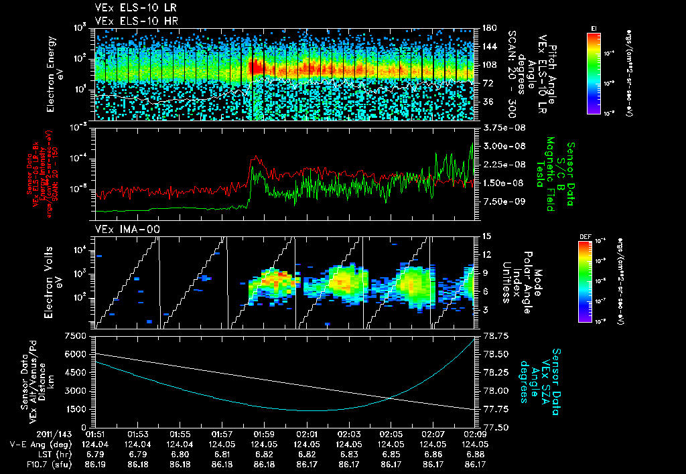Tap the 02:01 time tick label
point(307,434)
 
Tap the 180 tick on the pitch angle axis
point(488,28)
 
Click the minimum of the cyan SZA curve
point(312,410)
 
